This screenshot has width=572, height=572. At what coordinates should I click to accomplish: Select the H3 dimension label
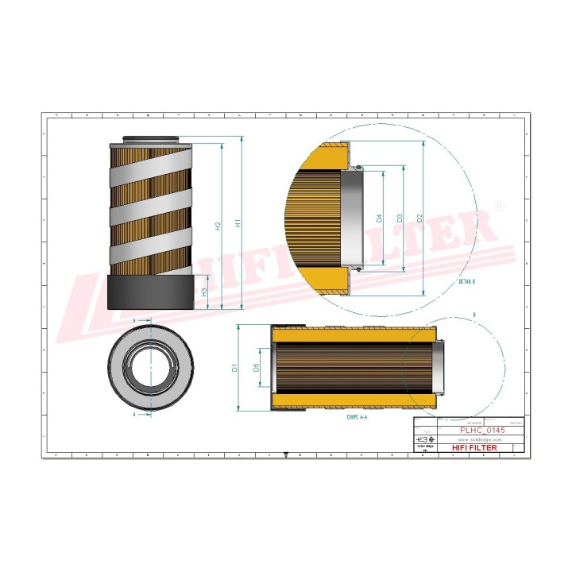pos(205,292)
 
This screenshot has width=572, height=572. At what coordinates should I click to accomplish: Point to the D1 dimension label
pos(234,368)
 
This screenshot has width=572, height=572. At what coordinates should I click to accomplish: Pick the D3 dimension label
pos(400,218)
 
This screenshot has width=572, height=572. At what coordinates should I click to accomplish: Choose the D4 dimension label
pos(380,218)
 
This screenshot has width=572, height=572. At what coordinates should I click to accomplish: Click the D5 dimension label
pos(256,367)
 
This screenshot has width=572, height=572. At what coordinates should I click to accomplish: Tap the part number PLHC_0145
pos(482,430)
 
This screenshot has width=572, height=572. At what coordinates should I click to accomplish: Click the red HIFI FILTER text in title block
pos(474,448)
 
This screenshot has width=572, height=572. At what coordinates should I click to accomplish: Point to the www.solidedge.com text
pos(482,439)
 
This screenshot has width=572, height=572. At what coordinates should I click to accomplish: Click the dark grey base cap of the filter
pos(150,292)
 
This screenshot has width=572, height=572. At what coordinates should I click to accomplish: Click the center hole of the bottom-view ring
pos(151,367)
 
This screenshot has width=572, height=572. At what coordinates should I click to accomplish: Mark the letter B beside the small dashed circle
pos(474,316)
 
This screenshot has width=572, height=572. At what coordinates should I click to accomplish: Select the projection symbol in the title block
pos(424,439)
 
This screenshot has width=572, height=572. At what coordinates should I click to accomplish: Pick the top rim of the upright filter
pos(150,140)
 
